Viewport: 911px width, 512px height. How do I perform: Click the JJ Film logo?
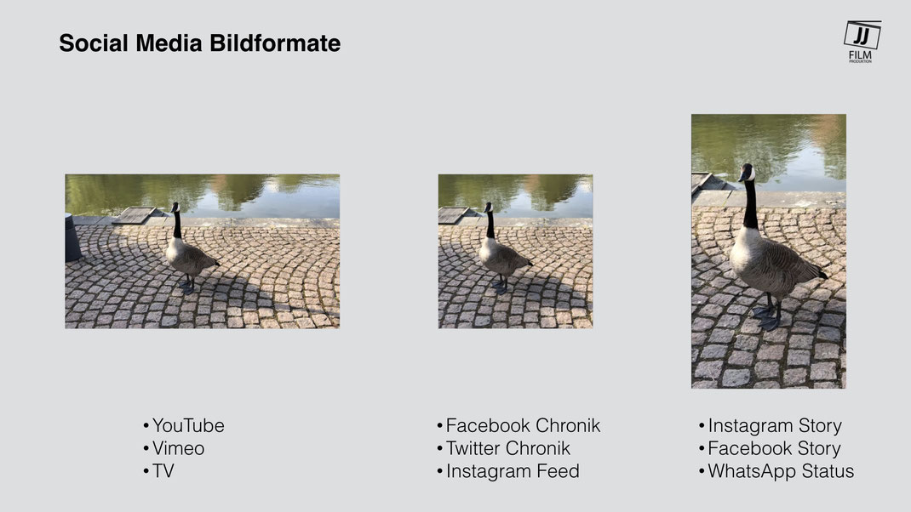pos(862,41)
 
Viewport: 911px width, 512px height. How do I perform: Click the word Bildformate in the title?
pos(275,43)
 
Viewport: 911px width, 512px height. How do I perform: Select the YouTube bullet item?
pos(184,425)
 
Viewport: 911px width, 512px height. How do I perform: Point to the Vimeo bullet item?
pos(174,448)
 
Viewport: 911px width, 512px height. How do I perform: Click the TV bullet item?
pos(158,471)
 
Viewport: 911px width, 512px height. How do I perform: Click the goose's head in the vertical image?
pos(748,173)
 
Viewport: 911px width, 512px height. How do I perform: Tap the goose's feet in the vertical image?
pos(767,317)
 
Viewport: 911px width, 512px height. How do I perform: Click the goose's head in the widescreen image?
pos(175,207)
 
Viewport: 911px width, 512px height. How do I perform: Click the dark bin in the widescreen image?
pos(72,237)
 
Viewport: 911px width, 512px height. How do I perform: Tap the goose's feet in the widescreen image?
pos(187,286)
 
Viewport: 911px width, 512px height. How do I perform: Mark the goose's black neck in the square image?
pos(491,225)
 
